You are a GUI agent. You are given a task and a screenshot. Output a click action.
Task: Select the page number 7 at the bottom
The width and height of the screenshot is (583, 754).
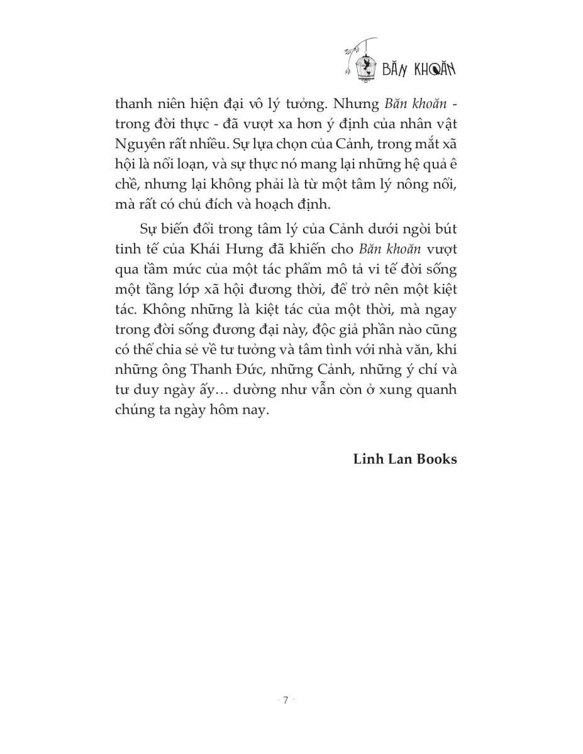pyautogui.click(x=286, y=701)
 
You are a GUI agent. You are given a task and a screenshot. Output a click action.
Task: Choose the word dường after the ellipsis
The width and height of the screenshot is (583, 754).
pyautogui.click(x=257, y=390)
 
